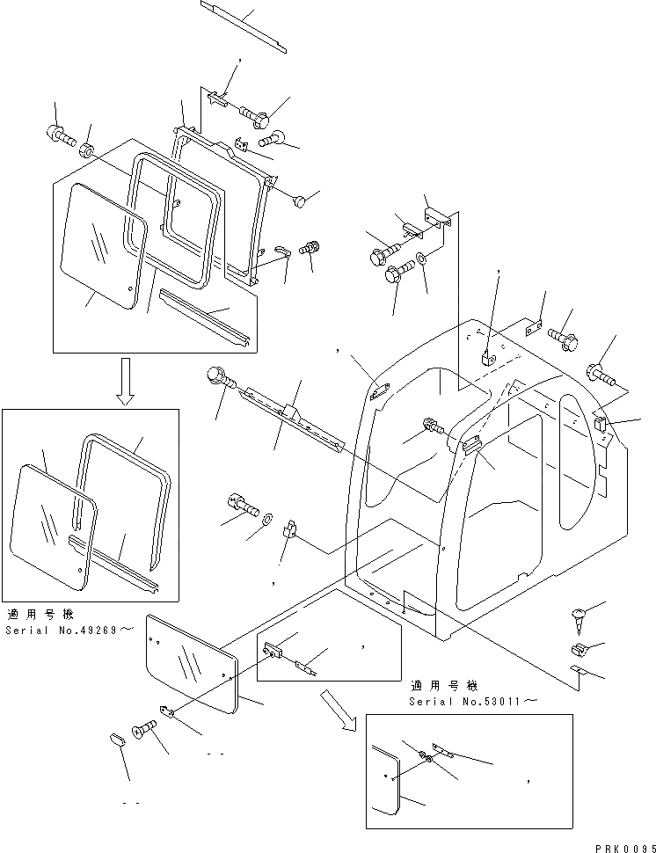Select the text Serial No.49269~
click(69, 631)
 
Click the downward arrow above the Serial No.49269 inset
click(126, 382)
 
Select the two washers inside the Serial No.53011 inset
click(426, 757)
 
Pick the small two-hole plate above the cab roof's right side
click(531, 329)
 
